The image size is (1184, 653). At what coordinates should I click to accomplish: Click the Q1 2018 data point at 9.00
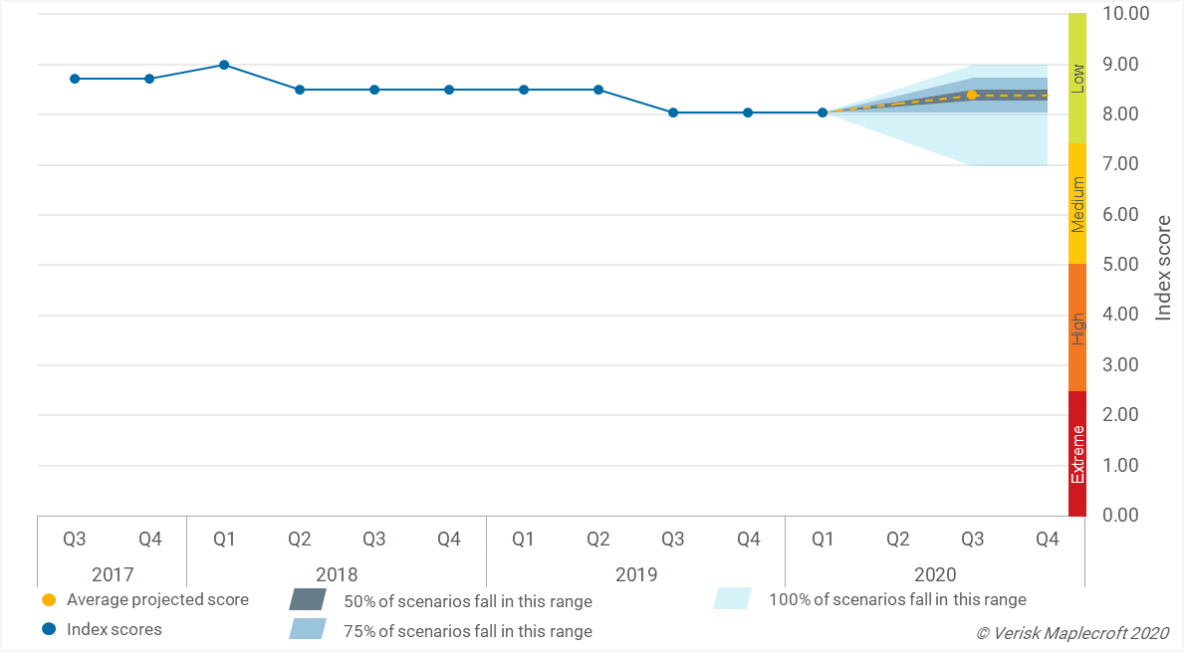(224, 65)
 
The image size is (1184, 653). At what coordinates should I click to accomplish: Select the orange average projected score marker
(972, 95)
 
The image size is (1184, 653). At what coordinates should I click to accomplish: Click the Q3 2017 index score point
(75, 79)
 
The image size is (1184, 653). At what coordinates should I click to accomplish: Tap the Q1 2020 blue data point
(823, 112)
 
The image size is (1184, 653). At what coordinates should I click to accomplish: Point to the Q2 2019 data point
(598, 90)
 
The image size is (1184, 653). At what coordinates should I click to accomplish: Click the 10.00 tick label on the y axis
(1125, 14)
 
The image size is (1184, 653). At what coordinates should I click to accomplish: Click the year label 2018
(337, 574)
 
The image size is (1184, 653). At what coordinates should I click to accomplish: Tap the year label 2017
(113, 574)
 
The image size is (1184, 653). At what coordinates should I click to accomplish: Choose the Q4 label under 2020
(1048, 540)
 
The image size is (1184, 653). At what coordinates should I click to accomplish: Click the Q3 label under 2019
(673, 540)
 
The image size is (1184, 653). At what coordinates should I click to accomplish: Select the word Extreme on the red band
(1077, 455)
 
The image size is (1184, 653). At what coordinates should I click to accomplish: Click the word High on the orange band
(1077, 327)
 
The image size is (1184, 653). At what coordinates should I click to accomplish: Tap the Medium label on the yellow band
(1077, 204)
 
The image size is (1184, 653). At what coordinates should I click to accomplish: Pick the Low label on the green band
(1077, 80)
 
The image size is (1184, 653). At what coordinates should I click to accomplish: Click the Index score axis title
(1163, 267)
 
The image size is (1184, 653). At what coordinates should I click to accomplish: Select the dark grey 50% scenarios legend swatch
(307, 600)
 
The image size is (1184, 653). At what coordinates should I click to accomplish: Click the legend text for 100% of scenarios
(897, 599)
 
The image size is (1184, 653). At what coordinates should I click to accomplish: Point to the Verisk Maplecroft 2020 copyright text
(1072, 633)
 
